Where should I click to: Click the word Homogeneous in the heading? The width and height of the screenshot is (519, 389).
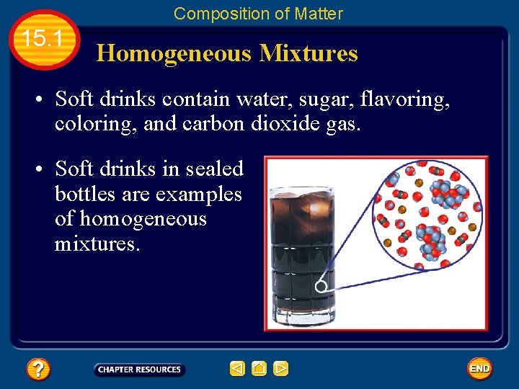[x=174, y=53]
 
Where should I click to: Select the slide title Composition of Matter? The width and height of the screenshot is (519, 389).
[x=258, y=13]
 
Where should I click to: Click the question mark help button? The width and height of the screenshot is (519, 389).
[x=37, y=370]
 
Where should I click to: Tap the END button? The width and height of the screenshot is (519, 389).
[x=479, y=369]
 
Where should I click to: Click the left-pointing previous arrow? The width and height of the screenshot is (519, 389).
[x=237, y=369]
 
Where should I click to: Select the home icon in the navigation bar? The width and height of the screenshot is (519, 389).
[x=259, y=369]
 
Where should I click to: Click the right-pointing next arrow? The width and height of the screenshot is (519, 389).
[x=281, y=369]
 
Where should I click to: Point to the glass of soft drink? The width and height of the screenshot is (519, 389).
[x=301, y=252]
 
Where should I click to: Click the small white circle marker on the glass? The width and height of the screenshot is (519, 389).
[x=321, y=286]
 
